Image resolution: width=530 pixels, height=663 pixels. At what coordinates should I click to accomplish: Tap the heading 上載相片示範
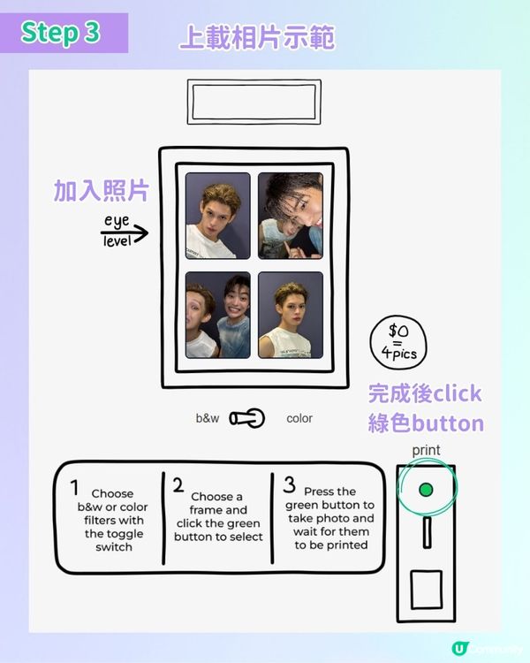click(256, 38)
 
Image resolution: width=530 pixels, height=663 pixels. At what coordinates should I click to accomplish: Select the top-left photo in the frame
click(217, 215)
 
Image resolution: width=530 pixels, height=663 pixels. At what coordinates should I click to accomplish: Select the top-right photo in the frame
click(290, 215)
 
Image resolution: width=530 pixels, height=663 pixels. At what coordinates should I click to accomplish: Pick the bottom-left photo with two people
click(217, 315)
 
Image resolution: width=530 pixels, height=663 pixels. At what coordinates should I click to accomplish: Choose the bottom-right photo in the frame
click(290, 315)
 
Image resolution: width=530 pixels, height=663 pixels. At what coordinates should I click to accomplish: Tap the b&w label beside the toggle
click(208, 418)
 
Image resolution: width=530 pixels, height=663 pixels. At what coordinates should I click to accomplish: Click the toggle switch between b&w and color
click(247, 418)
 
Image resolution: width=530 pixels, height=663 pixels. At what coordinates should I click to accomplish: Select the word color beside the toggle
click(299, 418)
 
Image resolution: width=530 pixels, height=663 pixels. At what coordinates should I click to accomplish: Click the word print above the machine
click(426, 450)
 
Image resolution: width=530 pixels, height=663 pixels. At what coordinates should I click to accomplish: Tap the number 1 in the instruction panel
click(74, 487)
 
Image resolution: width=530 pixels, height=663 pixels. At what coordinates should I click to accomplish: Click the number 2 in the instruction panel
click(178, 484)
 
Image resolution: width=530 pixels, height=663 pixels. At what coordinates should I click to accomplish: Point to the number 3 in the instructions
click(289, 484)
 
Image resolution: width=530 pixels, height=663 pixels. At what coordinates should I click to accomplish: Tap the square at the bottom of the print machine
click(426, 590)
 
